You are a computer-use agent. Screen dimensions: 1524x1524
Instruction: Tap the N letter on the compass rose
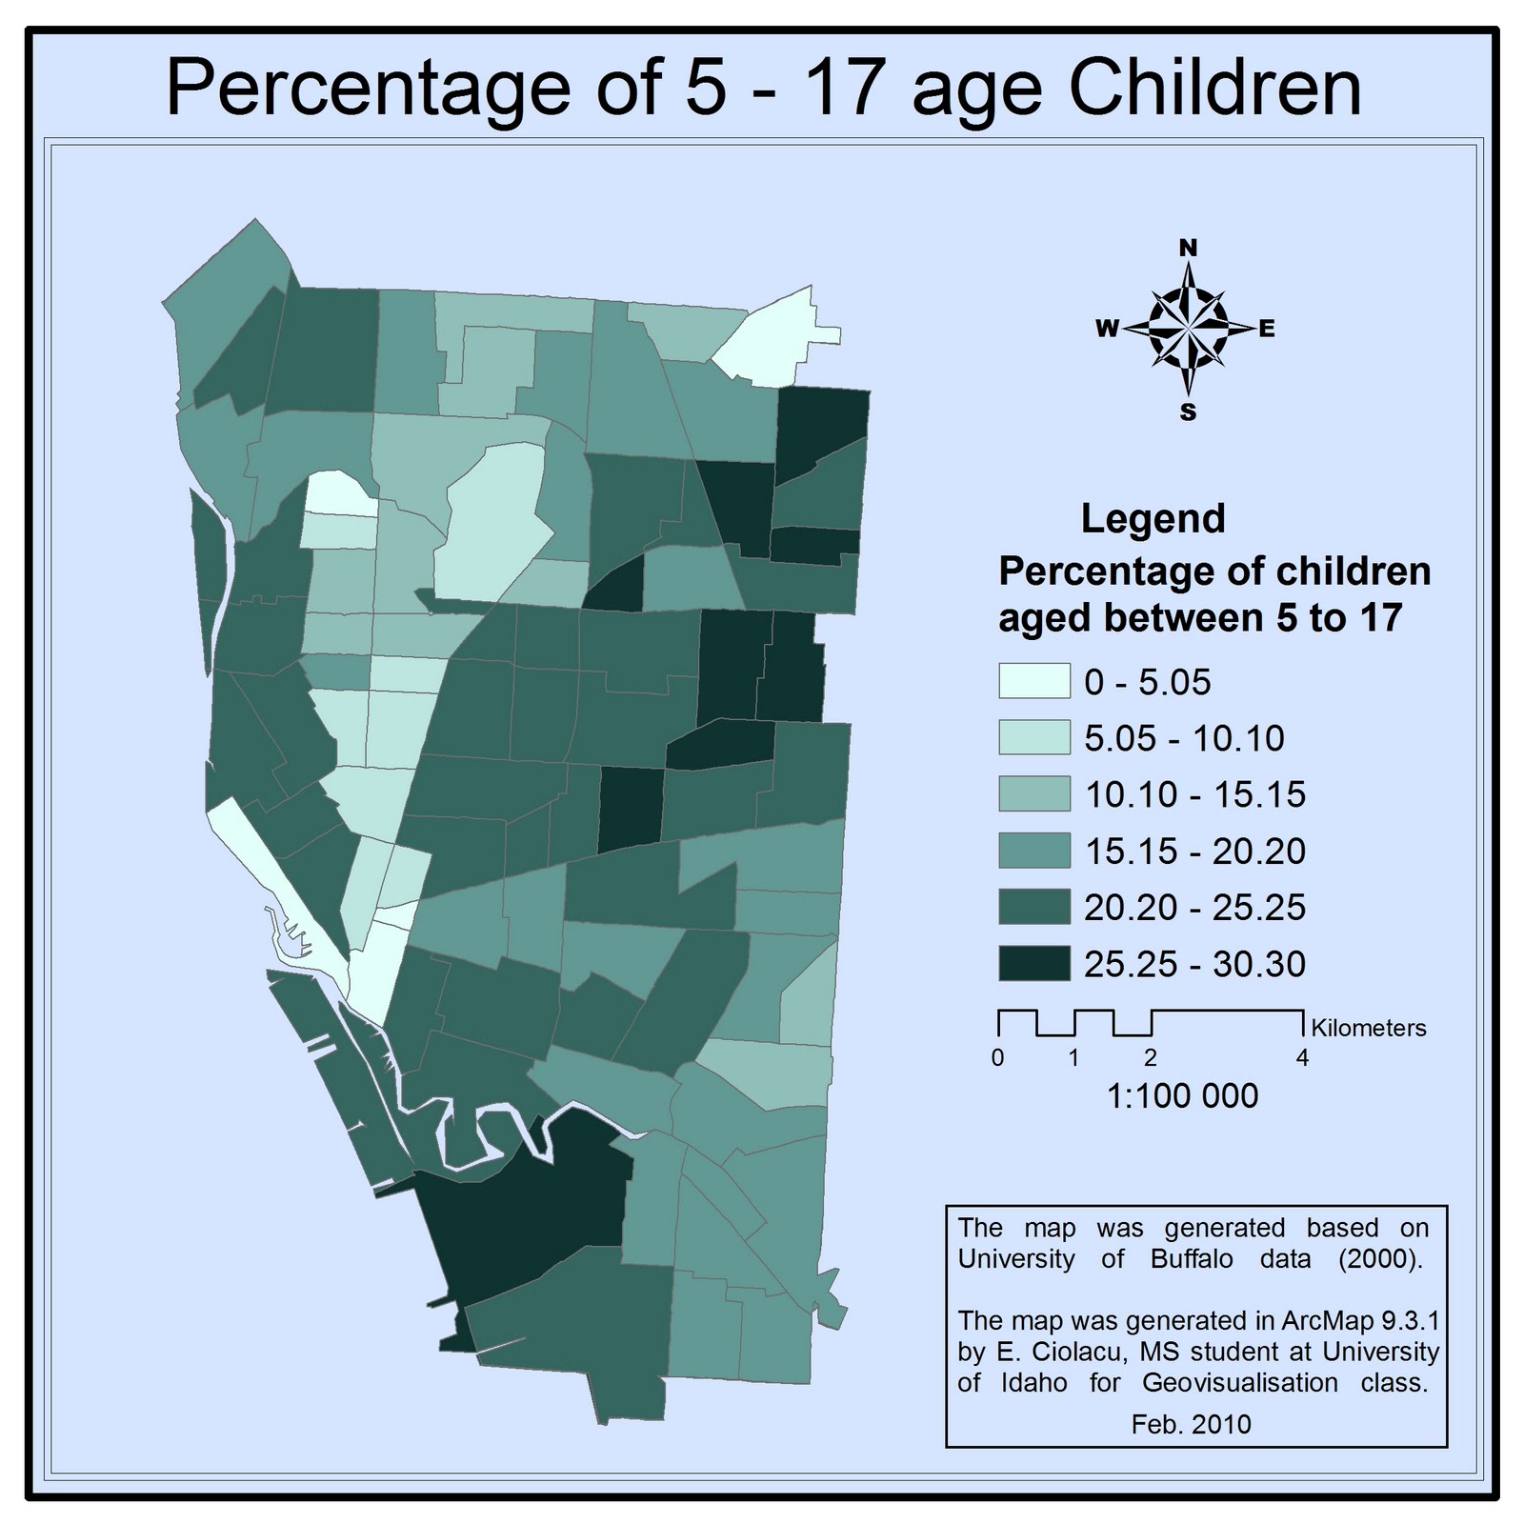[1188, 249]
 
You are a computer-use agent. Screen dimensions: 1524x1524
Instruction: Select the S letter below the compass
[1188, 412]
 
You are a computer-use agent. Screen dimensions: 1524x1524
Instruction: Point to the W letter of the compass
[1107, 330]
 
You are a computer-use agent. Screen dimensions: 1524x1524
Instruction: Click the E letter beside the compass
[1267, 330]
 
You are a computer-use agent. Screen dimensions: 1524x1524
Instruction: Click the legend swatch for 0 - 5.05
[1033, 681]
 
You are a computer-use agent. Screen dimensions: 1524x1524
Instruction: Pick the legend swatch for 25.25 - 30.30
[1033, 963]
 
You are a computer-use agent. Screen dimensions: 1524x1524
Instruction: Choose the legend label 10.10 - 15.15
[1194, 794]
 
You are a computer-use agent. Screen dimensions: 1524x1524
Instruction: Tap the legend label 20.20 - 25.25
[1194, 907]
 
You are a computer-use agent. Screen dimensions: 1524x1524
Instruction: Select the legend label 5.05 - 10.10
[1184, 738]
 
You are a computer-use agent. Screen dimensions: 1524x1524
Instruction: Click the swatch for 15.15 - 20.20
[1033, 851]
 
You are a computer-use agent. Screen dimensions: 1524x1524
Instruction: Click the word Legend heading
[1153, 519]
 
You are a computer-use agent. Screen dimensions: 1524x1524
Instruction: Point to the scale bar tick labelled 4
[1302, 1058]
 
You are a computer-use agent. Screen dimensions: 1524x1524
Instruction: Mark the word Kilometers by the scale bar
[1368, 1028]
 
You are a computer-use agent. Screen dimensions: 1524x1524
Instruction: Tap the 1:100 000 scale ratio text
[1182, 1096]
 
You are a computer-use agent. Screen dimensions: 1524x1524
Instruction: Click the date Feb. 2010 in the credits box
[1191, 1424]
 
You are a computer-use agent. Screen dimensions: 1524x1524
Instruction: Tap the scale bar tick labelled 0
[997, 1058]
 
